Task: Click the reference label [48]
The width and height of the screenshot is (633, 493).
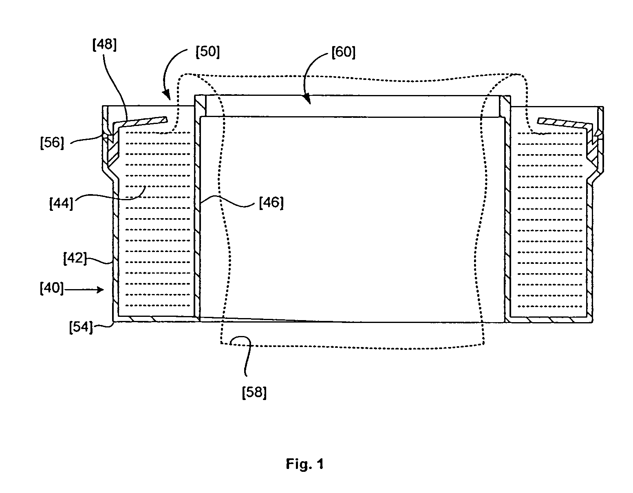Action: [104, 45]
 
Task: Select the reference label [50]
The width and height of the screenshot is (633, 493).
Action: [207, 52]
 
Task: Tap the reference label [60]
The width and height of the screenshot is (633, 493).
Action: [344, 53]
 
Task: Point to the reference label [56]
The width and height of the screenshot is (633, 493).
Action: [52, 143]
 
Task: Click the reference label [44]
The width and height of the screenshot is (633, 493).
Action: [61, 203]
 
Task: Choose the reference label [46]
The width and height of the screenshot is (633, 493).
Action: [271, 203]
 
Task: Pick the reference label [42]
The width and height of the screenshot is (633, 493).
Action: [75, 258]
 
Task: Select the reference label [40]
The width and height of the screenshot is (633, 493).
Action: [51, 288]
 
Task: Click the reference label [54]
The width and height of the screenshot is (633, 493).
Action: [81, 327]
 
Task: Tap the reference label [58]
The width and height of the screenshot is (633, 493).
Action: [254, 393]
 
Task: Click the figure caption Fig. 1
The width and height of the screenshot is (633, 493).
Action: [305, 464]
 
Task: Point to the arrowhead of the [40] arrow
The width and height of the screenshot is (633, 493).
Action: [101, 290]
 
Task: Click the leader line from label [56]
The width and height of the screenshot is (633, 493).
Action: [88, 139]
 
